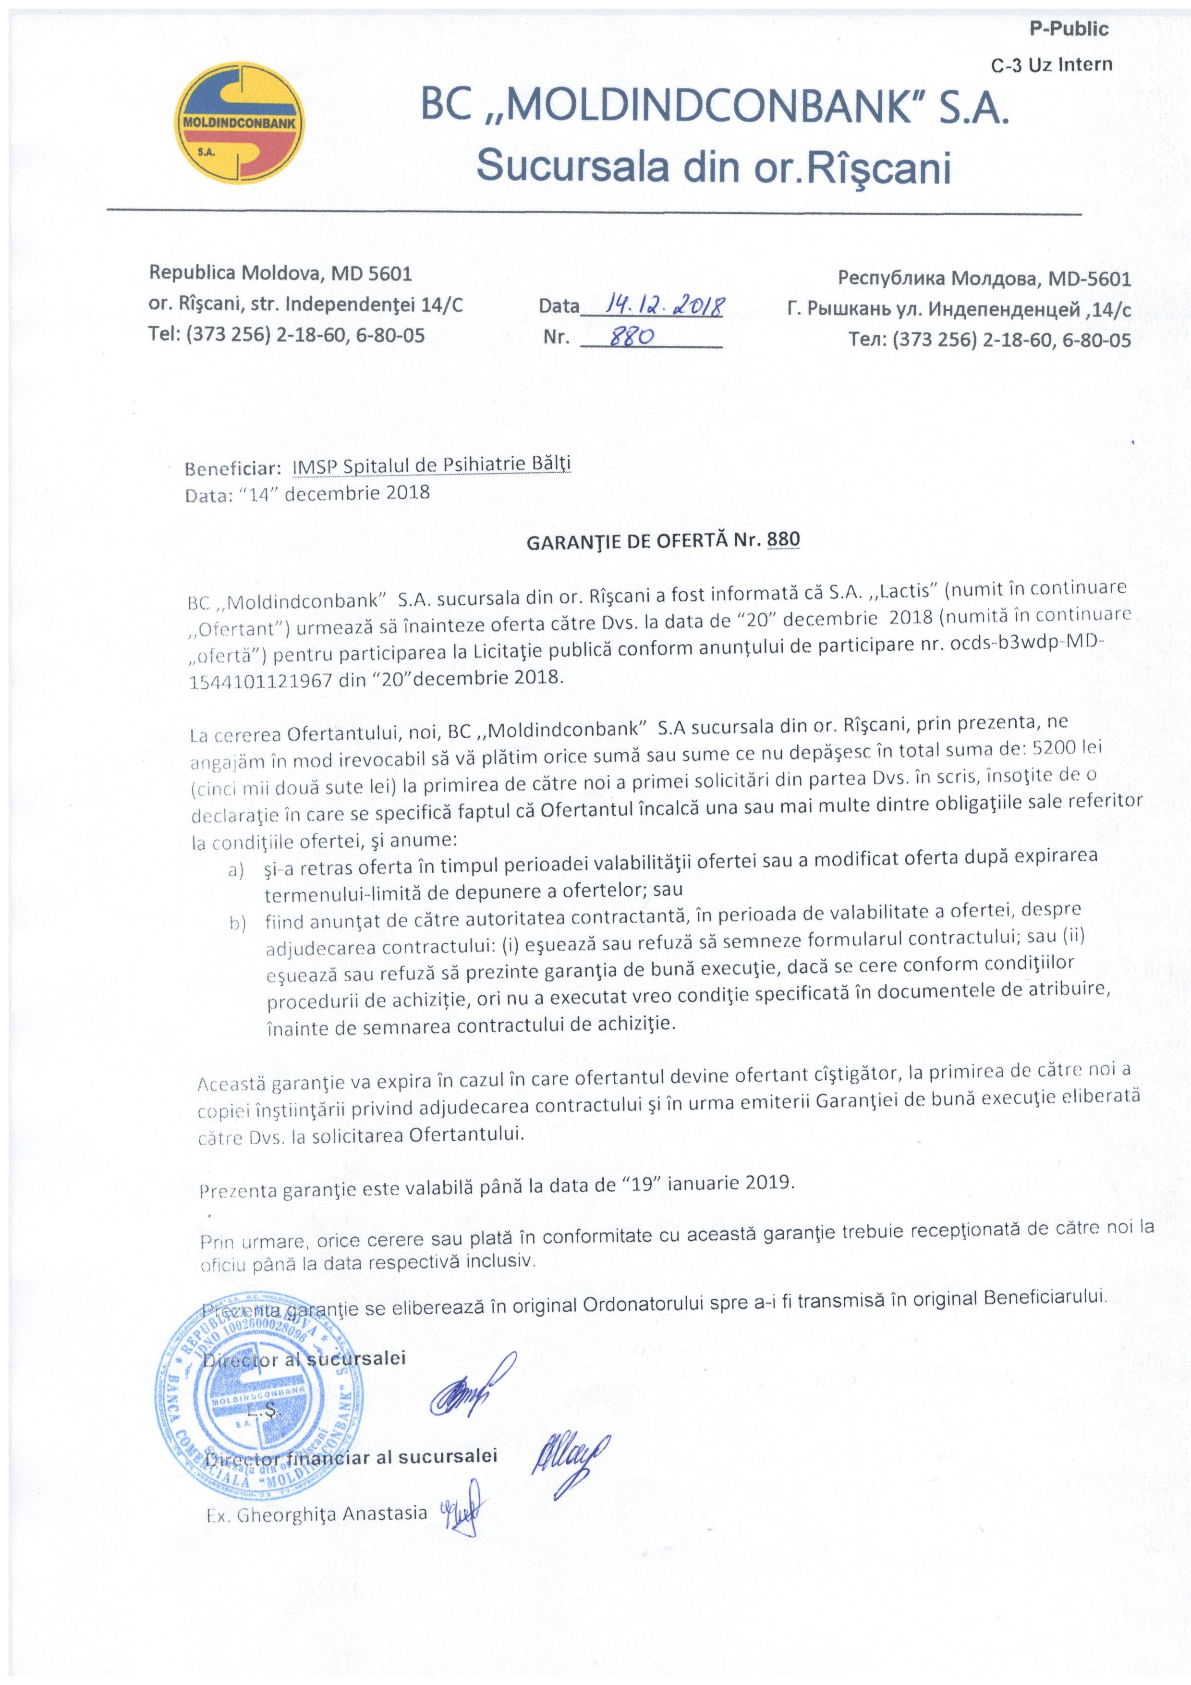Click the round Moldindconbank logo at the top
tap(241, 123)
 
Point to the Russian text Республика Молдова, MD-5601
tap(984, 279)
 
